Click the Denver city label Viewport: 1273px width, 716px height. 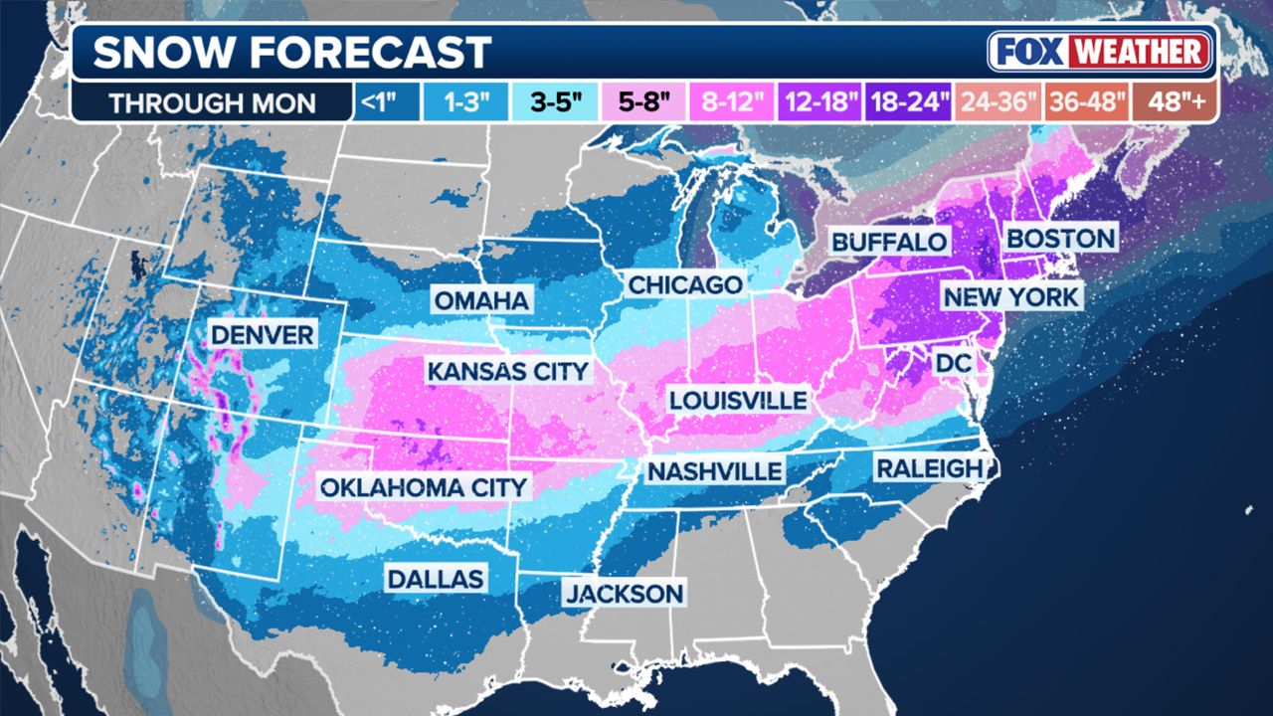263,334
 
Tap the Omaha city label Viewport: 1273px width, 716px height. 482,300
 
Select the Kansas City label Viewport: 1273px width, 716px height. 508,372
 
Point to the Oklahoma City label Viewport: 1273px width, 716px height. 423,487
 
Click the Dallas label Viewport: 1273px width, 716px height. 436,579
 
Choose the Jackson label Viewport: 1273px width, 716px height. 625,594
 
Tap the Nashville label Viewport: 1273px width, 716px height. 715,470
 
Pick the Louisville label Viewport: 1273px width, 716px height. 737,400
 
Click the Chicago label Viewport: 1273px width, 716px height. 684,285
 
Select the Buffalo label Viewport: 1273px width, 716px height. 889,242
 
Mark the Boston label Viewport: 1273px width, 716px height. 1060,239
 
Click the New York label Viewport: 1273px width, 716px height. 1010,296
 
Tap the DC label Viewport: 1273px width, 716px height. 952,365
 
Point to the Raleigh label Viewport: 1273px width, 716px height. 930,467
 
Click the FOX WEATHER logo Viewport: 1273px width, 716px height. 1100,52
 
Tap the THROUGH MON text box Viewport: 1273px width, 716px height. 212,103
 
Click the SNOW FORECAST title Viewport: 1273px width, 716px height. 292,52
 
